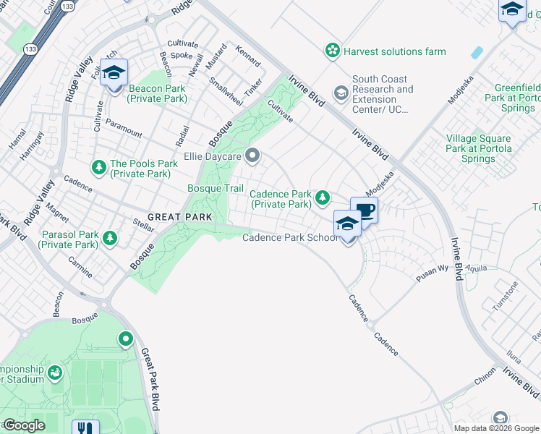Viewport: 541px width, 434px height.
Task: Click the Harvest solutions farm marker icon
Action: (332, 51)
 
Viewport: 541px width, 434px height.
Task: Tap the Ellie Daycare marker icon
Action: (252, 155)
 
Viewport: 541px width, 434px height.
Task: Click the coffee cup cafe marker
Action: (364, 210)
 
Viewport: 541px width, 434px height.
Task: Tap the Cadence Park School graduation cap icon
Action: (347, 224)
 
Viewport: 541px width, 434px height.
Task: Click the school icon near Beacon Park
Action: (114, 72)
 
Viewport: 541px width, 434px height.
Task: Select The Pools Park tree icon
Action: (98, 168)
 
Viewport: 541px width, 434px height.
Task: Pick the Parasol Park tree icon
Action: (109, 237)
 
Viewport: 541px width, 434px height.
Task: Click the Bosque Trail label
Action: (216, 188)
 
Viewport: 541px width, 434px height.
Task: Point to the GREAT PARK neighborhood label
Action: (180, 217)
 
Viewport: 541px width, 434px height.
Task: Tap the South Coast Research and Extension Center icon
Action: (341, 93)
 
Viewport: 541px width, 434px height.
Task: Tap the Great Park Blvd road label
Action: (151, 380)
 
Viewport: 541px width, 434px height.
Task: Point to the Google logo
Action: (24, 425)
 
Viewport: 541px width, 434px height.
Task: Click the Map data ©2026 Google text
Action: (495, 428)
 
